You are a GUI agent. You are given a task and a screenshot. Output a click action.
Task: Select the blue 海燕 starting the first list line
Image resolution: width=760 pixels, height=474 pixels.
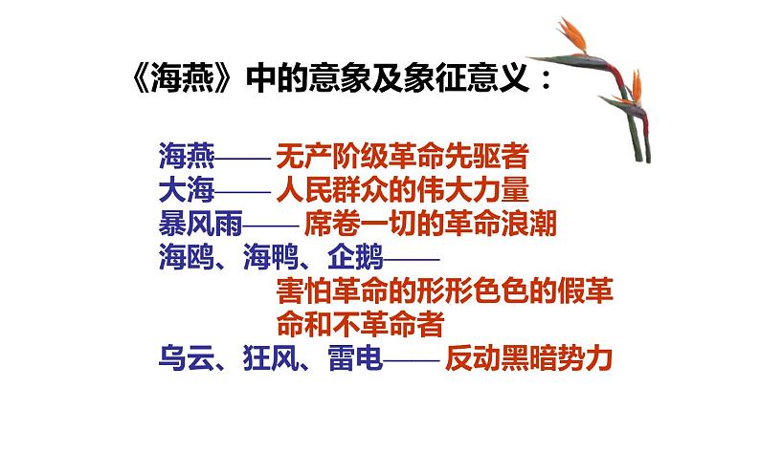pos(187,155)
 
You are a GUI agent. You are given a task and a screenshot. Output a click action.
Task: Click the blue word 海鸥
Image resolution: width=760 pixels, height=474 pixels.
pos(187,257)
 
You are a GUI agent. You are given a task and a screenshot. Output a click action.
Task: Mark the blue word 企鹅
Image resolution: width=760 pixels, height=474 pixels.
pos(355,257)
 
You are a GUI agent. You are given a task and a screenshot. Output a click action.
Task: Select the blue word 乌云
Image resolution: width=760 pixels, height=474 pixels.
pos(187,359)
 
